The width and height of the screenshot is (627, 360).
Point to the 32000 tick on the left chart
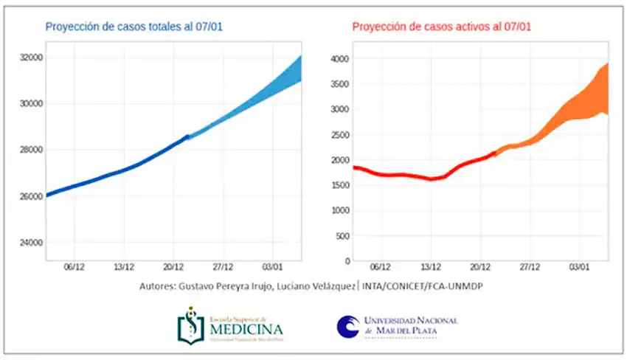30,57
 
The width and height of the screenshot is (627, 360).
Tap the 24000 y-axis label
30,243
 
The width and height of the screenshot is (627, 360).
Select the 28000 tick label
30,150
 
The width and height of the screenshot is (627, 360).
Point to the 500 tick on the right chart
342,235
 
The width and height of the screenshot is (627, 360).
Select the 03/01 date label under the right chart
580,270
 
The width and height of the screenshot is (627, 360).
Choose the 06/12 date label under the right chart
380,270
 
